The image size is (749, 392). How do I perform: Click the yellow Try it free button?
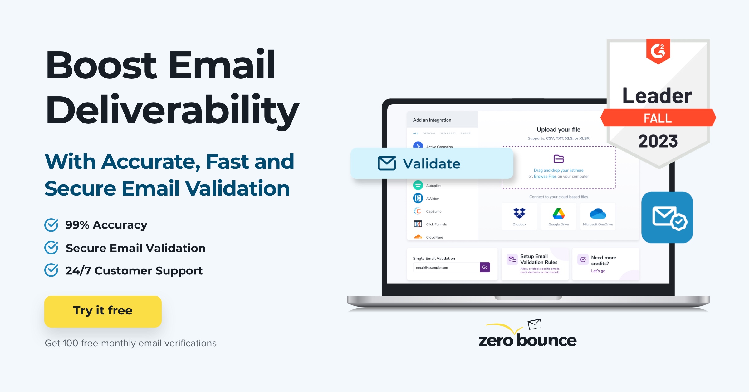click(103, 311)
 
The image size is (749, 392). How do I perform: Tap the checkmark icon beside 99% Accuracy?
click(51, 225)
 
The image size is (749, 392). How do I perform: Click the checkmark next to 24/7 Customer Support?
click(51, 270)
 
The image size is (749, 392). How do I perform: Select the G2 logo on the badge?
click(658, 51)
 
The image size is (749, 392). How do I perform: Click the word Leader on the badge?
click(657, 96)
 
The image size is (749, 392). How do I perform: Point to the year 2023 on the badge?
click(658, 141)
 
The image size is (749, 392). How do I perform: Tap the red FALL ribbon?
click(658, 118)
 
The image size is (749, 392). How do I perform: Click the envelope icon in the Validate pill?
click(387, 163)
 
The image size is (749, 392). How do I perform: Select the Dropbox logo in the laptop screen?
click(519, 213)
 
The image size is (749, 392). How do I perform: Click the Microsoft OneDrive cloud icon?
click(598, 214)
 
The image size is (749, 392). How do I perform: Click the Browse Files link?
click(545, 176)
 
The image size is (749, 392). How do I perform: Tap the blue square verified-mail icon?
click(667, 217)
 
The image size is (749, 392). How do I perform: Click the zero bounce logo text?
click(527, 340)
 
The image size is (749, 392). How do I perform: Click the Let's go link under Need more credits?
click(598, 271)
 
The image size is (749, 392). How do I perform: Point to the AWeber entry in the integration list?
click(433, 199)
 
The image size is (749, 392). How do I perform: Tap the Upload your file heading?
click(558, 129)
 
